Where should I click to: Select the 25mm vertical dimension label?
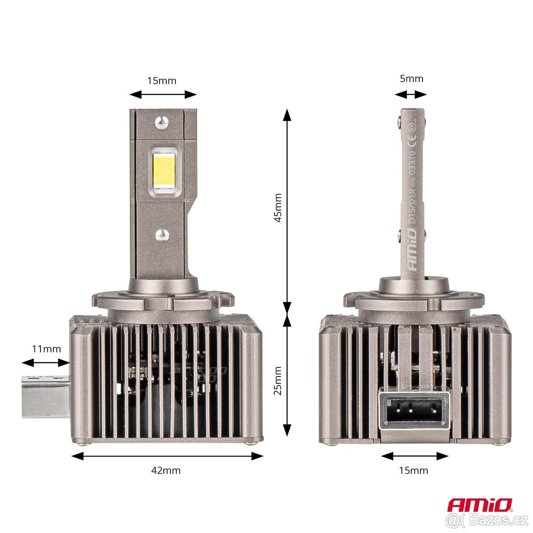click(x=278, y=380)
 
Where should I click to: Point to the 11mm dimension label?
click(x=46, y=349)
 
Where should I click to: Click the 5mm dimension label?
click(x=411, y=79)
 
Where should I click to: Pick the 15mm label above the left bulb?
click(x=162, y=80)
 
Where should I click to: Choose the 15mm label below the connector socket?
click(x=414, y=470)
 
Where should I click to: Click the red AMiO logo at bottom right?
click(x=480, y=505)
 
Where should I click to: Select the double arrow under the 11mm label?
click(x=46, y=363)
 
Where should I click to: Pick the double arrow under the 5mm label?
click(x=411, y=94)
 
